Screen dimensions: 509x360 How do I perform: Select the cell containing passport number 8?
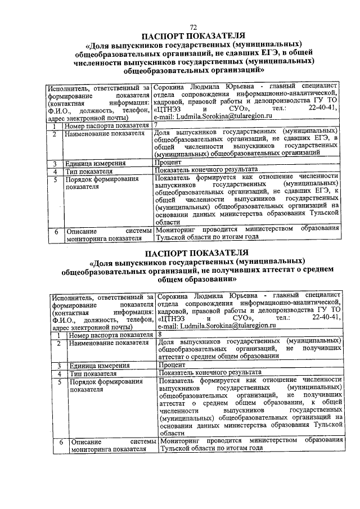pos(249,334)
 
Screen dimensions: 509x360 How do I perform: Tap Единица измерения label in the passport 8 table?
pos(96,365)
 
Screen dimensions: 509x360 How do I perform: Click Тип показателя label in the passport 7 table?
pos(88,170)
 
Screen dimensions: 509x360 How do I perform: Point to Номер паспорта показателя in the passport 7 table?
pos(107,127)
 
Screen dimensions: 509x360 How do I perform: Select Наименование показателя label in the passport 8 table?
pos(109,343)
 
